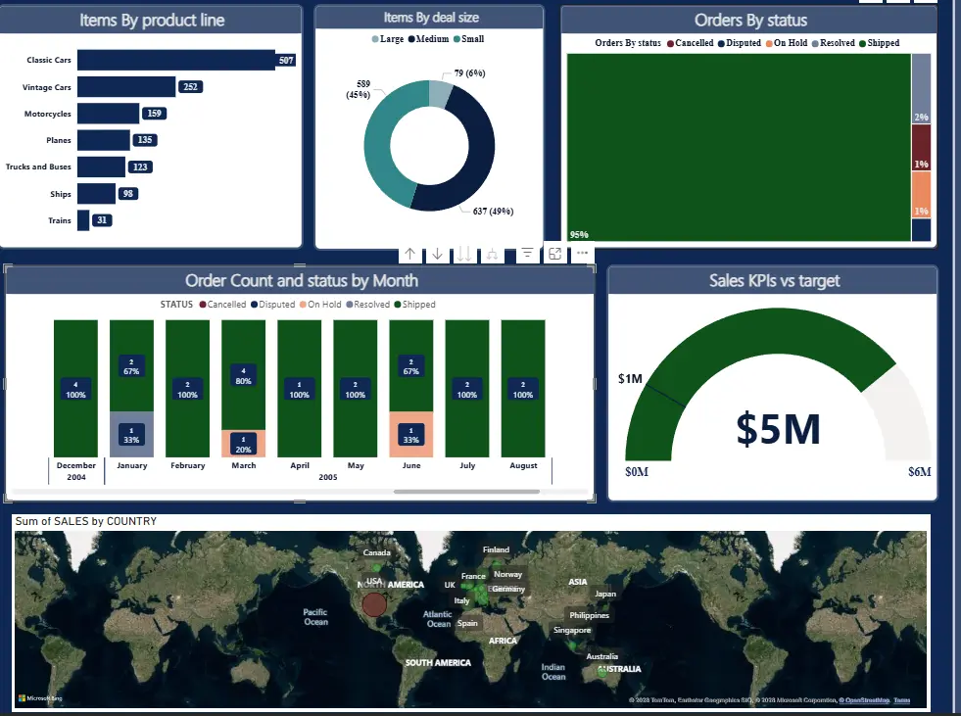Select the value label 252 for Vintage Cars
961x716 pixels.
pyautogui.click(x=191, y=87)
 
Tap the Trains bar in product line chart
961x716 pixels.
pyautogui.click(x=83, y=220)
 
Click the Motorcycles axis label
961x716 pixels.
pyautogui.click(x=47, y=114)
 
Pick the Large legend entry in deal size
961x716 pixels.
pyautogui.click(x=388, y=39)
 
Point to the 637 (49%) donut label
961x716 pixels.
pyautogui.click(x=493, y=211)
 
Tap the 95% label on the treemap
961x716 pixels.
pyautogui.click(x=579, y=234)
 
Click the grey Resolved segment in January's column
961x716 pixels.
pyautogui.click(x=131, y=434)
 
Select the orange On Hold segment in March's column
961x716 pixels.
pyautogui.click(x=243, y=444)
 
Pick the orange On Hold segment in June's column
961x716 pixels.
pyautogui.click(x=411, y=434)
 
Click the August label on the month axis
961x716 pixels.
pyautogui.click(x=523, y=465)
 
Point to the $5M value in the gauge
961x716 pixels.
pyautogui.click(x=778, y=429)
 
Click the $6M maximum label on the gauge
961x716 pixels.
pyautogui.click(x=920, y=472)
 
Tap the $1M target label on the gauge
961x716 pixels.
pyautogui.click(x=630, y=378)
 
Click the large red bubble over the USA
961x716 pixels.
pyautogui.click(x=373, y=603)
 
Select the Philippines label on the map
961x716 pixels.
pyautogui.click(x=588, y=615)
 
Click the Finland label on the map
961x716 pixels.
pyautogui.click(x=496, y=549)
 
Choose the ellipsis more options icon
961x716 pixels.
pyautogui.click(x=583, y=254)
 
